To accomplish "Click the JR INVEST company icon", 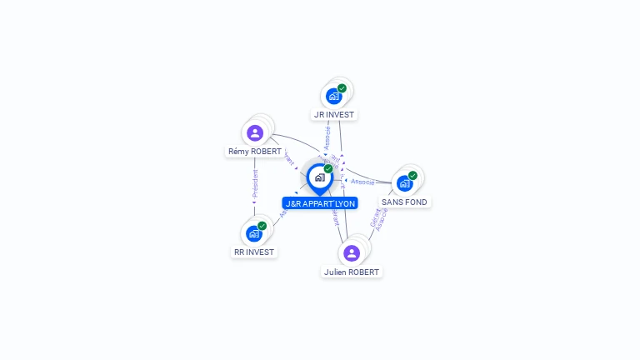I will pos(334,96).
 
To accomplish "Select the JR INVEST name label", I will pos(334,115).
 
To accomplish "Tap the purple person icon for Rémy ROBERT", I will pos(255,132).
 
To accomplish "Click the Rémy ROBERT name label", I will pos(255,152).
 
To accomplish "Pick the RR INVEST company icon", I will pos(254,233).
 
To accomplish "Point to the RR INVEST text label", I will pos(254,252).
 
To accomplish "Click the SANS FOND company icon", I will pos(405,183).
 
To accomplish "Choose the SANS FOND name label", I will pos(405,202).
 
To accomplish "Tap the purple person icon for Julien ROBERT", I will pos(351,252).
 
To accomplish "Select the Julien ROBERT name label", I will pos(352,272).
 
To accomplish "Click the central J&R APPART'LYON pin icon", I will pos(319,177).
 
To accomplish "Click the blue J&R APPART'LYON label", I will pos(320,203).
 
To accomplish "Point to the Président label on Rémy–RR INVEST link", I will pos(255,184).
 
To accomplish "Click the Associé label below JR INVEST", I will pos(327,138).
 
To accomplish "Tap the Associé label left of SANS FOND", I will pos(362,181).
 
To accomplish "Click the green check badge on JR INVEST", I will pos(342,88).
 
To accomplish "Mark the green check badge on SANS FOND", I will pos(412,176).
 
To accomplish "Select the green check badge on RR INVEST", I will pos(262,226).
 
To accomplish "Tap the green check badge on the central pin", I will pos(328,169).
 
